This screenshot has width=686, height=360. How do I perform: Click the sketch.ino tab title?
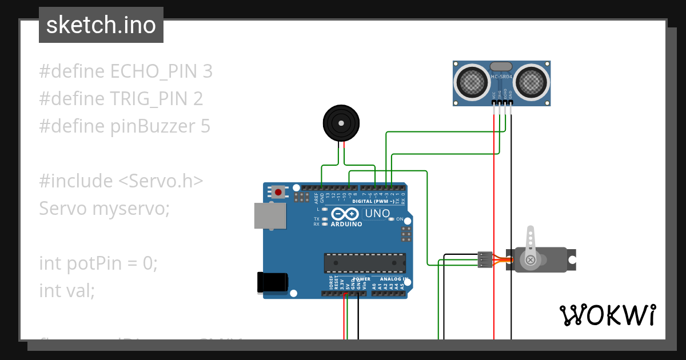pos(101,25)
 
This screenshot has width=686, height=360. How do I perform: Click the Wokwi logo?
pos(607,315)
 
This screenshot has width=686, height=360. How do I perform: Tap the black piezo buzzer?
pos(342,123)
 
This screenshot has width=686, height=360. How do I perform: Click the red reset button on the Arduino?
pos(278,192)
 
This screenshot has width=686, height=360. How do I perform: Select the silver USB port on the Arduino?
pos(270,216)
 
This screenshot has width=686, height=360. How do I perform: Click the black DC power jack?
pos(273,283)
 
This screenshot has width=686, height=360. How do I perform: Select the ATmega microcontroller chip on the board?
pos(365,263)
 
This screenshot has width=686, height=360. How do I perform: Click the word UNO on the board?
pos(377,214)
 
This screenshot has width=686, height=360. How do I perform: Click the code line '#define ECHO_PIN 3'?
pos(126,71)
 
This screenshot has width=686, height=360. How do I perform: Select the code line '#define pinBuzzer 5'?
pos(125,126)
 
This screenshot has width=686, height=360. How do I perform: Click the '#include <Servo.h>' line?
pos(121,181)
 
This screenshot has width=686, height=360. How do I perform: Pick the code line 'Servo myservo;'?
pos(105,209)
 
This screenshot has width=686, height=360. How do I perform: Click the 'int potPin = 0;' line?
pos(98,263)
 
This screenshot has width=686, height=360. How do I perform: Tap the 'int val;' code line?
pos(67,291)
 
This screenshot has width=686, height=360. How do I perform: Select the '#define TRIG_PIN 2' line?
pos(121,99)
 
